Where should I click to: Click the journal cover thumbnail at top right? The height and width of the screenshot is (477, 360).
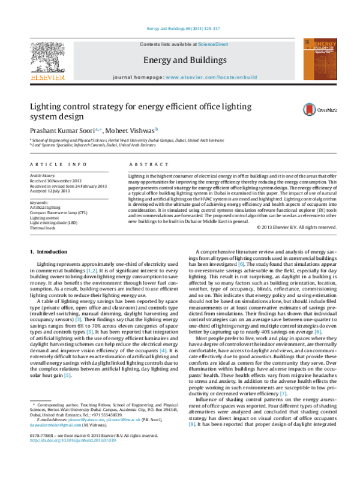316,62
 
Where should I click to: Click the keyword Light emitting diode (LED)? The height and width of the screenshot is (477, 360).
54,222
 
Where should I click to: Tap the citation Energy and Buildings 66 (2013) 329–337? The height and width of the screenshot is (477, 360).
180,29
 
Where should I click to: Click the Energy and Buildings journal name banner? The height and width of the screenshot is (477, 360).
179,61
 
